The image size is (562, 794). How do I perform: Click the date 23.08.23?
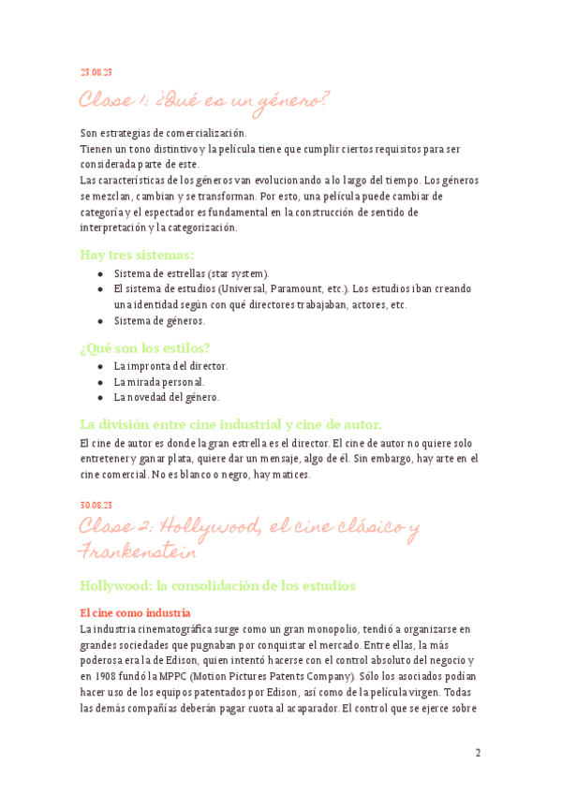[x=96, y=72]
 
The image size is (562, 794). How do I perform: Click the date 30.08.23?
[x=96, y=507]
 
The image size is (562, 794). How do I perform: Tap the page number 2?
[x=478, y=753]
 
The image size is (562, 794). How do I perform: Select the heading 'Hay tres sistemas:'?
[x=137, y=254]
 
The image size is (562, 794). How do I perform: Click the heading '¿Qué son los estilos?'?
[x=145, y=348]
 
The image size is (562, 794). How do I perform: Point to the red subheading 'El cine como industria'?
[x=136, y=612]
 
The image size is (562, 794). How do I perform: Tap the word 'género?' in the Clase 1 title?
[x=288, y=99]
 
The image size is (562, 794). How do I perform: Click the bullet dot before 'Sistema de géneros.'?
[x=100, y=320]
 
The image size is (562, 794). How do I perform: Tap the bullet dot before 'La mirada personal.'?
[x=100, y=382]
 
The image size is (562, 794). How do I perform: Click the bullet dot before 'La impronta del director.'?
[x=100, y=366]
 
